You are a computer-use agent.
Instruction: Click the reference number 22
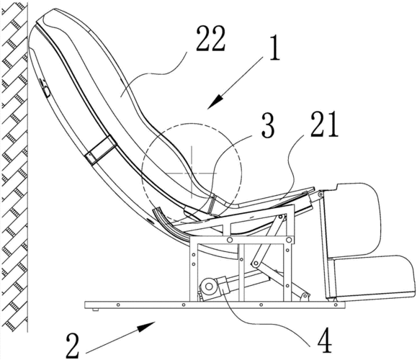(x=210, y=39)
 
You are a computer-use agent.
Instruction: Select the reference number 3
(x=267, y=125)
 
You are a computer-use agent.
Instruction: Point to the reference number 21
(x=323, y=125)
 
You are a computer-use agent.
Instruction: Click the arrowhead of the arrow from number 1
(x=216, y=102)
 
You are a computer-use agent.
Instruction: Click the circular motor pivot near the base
(x=209, y=287)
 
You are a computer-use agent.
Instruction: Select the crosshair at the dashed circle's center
(x=192, y=173)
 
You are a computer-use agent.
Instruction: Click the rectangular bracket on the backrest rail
(x=101, y=150)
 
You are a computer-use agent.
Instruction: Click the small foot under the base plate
(x=96, y=310)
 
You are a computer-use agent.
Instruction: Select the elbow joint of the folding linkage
(x=256, y=264)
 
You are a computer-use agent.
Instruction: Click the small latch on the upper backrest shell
(x=45, y=87)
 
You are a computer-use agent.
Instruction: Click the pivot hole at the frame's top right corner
(x=288, y=240)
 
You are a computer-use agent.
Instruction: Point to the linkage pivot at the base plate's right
(x=305, y=297)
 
